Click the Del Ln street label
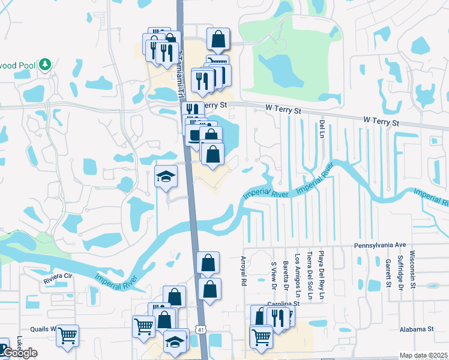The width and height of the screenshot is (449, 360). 322,127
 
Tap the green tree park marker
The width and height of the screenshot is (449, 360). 44,64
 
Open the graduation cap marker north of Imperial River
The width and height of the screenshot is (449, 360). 166,175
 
